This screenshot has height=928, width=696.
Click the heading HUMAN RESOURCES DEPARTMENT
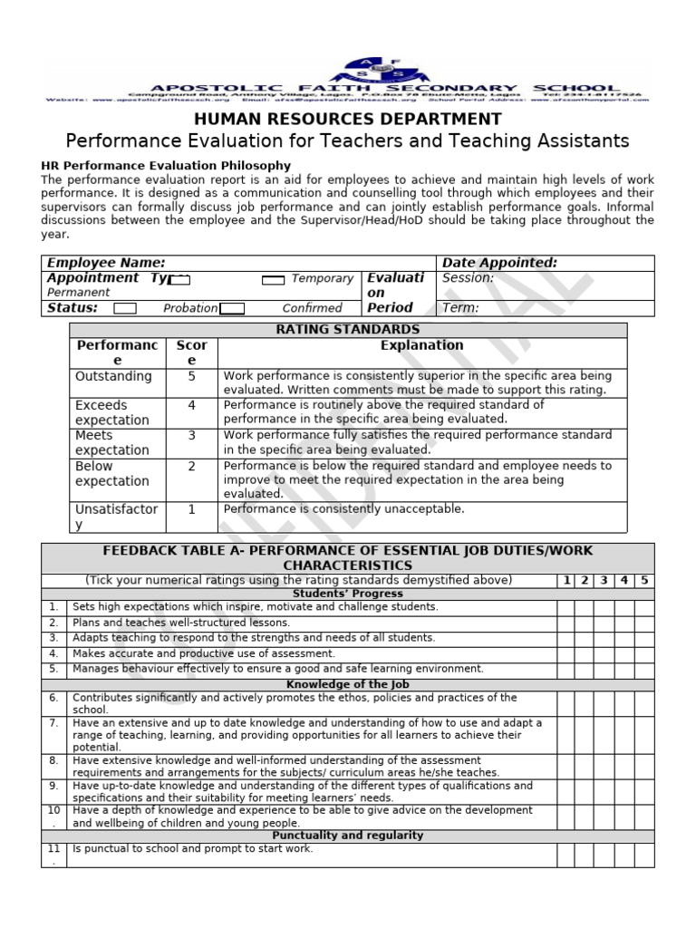348,119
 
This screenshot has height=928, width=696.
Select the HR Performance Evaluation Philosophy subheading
167,166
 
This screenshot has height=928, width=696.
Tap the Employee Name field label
106,263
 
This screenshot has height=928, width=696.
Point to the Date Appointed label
499,263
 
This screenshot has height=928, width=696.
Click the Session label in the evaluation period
468,278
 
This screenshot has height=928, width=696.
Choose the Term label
460,308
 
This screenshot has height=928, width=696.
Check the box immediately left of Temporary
274,280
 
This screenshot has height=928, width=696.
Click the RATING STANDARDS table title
348,329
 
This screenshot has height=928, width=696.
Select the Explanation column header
421,345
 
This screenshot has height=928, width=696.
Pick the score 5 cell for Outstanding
191,376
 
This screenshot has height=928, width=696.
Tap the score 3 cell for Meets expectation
191,436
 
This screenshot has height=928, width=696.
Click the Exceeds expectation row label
112,412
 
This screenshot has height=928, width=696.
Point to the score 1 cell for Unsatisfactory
191,509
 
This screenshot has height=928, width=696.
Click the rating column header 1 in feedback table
565,580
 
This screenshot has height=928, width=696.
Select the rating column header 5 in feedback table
644,580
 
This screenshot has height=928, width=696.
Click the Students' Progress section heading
347,593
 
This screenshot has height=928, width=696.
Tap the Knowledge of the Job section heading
347,684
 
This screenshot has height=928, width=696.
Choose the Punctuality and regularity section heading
347,836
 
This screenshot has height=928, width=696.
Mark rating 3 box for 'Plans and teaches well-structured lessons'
604,623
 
